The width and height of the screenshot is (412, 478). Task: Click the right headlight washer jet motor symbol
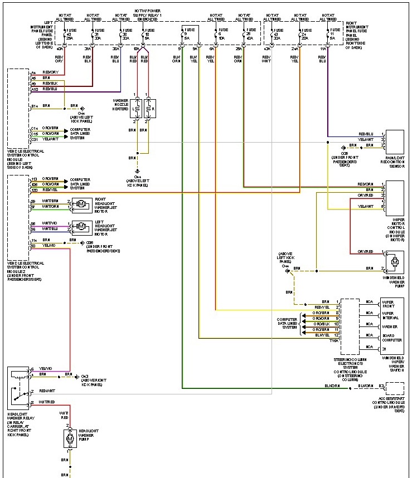click(x=81, y=204)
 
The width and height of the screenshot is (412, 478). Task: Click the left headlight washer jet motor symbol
click(x=81, y=226)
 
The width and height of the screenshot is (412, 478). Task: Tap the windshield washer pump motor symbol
click(x=394, y=261)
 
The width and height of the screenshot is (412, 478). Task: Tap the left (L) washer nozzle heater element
click(x=135, y=108)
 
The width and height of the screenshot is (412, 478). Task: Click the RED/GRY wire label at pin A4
click(x=49, y=73)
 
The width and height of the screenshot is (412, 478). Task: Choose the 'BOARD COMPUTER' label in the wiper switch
click(x=391, y=338)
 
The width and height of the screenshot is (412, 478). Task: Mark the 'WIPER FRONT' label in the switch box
click(x=388, y=304)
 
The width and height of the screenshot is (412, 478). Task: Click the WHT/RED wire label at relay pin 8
click(x=47, y=402)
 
